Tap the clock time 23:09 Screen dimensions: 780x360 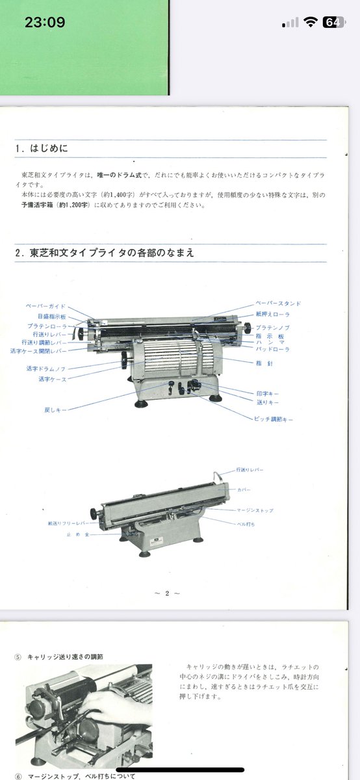tap(45, 22)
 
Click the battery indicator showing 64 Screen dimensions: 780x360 tap(332, 22)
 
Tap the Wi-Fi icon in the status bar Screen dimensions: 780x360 tap(310, 22)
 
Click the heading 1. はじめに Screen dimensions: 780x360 tap(41, 148)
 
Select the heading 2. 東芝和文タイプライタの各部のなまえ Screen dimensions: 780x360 tap(104, 253)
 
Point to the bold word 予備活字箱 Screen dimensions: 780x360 tap(38, 204)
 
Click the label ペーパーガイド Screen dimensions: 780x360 tap(45, 305)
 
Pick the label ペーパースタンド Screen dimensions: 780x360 tap(278, 304)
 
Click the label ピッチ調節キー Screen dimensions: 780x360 tap(274, 420)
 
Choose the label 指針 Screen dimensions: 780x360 tap(265, 363)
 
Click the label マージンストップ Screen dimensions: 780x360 tap(256, 511)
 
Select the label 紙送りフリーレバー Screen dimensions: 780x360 tap(68, 523)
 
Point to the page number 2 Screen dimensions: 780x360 tap(167, 593)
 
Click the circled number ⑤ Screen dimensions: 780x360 tap(18, 656)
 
